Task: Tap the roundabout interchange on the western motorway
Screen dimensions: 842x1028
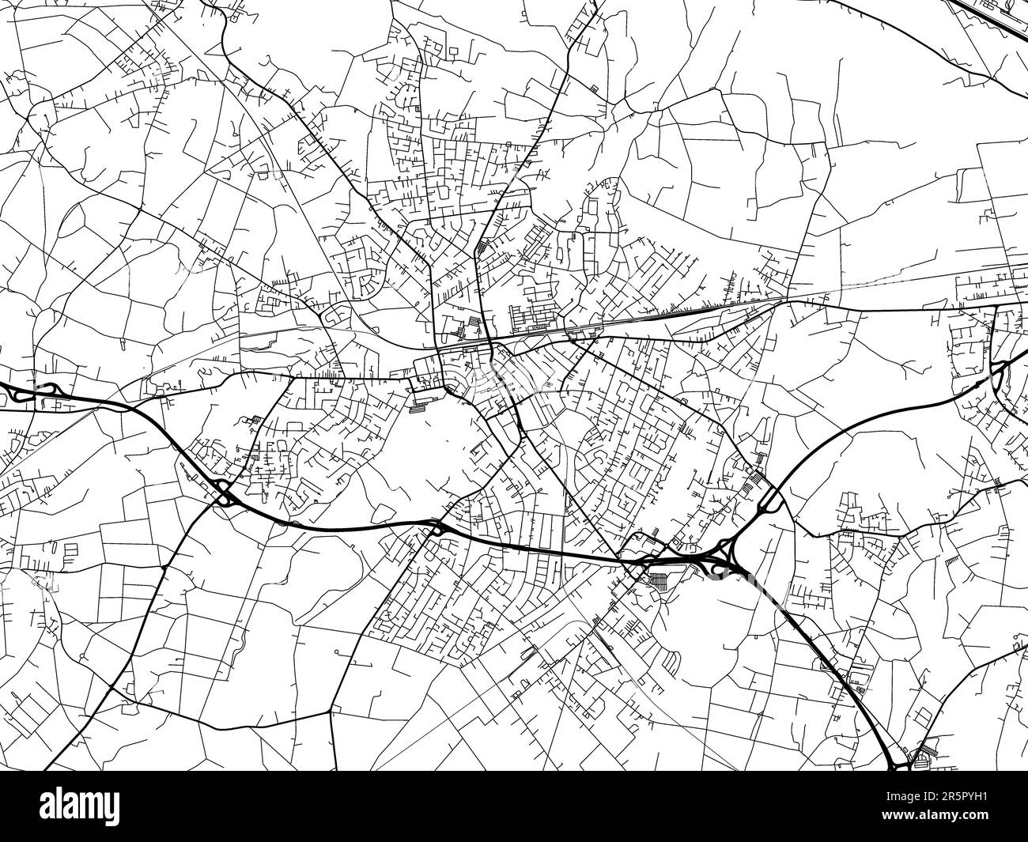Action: tap(224, 493)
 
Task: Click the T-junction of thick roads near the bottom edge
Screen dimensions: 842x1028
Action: tap(330, 712)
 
